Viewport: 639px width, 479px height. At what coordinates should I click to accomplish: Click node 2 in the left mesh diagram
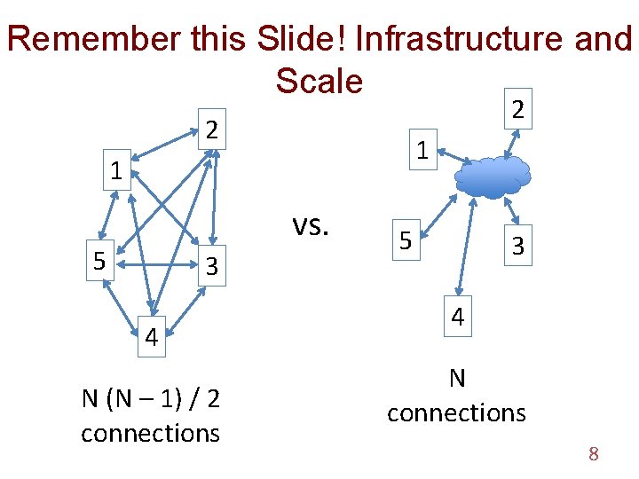tap(211, 130)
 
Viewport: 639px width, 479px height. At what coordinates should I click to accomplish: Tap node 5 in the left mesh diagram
tap(101, 261)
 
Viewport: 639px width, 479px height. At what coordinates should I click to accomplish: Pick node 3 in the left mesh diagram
tap(211, 266)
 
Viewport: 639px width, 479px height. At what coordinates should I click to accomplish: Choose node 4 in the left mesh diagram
tap(152, 336)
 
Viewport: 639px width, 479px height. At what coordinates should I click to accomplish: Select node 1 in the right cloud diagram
tap(423, 151)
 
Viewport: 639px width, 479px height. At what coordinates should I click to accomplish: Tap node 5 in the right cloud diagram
tap(404, 240)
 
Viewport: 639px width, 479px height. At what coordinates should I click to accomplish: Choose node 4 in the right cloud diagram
tap(456, 316)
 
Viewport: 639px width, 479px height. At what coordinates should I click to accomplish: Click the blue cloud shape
tap(493, 176)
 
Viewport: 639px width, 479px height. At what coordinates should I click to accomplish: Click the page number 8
tap(594, 455)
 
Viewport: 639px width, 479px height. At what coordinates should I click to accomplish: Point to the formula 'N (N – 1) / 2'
tap(151, 398)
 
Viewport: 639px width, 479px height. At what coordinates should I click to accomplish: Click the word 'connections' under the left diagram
tap(151, 433)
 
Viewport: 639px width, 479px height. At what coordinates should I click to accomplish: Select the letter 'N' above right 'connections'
tap(457, 379)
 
